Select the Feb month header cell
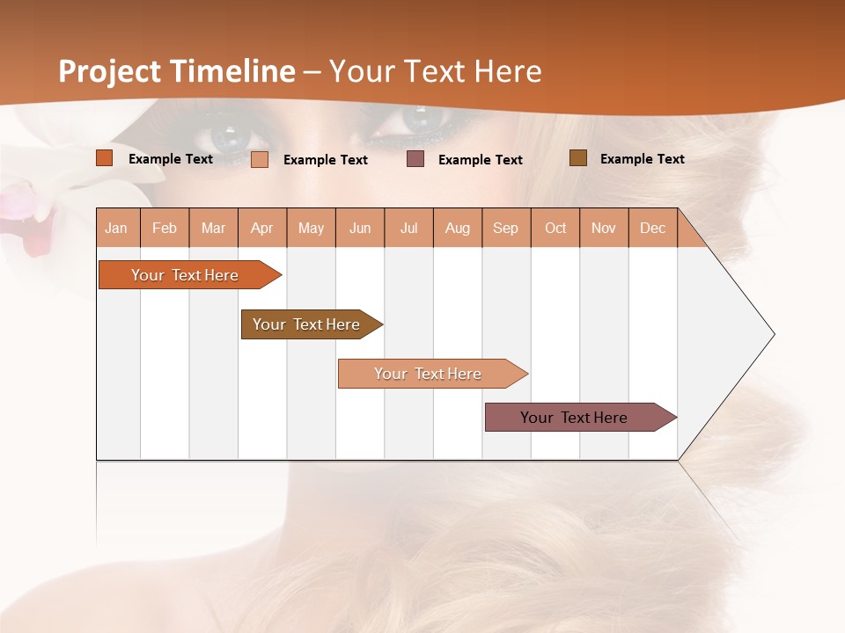(165, 228)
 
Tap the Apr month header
(262, 228)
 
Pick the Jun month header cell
(360, 228)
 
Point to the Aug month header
(458, 228)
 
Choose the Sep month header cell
(506, 228)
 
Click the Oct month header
(555, 228)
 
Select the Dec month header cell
(653, 228)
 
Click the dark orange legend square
(105, 158)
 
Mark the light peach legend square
(260, 159)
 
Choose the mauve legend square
(415, 159)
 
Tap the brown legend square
(578, 158)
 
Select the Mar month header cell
(213, 228)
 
